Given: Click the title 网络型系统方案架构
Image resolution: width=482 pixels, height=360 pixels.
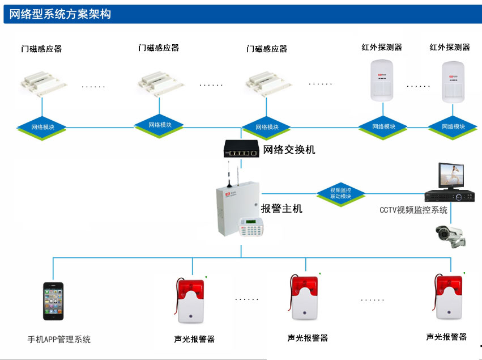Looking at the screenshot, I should point(60,14).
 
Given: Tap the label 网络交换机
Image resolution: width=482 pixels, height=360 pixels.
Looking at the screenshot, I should point(289,150).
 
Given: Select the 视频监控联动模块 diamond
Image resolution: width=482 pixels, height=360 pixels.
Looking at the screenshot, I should point(340,193).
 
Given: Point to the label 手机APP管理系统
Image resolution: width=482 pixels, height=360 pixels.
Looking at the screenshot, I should point(59,340).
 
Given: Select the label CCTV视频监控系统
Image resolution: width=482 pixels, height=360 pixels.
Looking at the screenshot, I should point(413,210).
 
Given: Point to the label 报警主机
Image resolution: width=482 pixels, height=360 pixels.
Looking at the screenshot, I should point(281,209).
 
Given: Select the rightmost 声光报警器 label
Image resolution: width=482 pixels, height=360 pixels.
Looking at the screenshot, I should point(446,337).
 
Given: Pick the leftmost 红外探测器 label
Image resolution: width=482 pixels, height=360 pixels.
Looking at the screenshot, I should point(382,48).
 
